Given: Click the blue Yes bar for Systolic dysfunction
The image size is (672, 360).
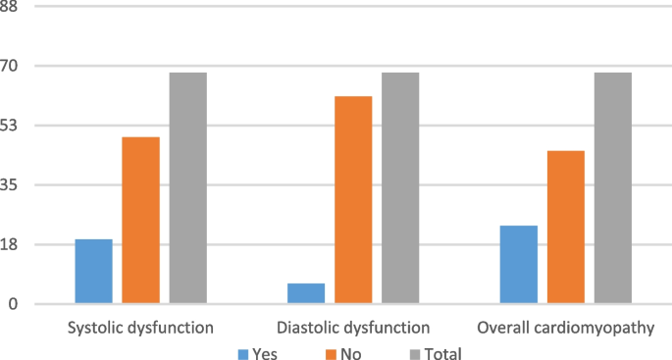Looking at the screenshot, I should pyautogui.click(x=93, y=272).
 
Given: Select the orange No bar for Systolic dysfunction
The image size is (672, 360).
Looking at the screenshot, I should pyautogui.click(x=140, y=221).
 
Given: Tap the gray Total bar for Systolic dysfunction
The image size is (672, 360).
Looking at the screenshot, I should pyautogui.click(x=187, y=188).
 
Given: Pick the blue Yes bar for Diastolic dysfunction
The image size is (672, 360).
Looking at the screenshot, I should pyautogui.click(x=306, y=293).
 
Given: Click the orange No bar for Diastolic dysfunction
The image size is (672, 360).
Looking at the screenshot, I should pyautogui.click(x=353, y=200).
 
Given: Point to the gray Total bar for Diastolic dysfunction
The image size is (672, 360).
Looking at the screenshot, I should pyautogui.click(x=400, y=188).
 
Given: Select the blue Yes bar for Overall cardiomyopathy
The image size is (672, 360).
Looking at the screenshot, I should pyautogui.click(x=518, y=265).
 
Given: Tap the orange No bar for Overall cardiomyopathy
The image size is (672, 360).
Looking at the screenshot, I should pyautogui.click(x=565, y=228).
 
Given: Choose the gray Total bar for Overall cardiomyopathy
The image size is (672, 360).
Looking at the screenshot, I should pyautogui.click(x=612, y=188).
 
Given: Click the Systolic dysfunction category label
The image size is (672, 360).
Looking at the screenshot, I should pyautogui.click(x=140, y=327).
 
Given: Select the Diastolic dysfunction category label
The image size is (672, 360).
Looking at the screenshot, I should pyautogui.click(x=353, y=327).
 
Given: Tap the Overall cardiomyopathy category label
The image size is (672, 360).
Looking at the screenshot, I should pyautogui.click(x=565, y=327).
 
